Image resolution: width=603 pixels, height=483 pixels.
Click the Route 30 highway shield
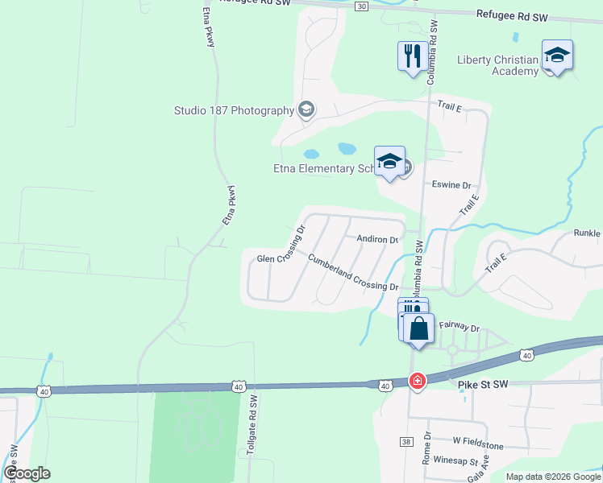click(361, 6)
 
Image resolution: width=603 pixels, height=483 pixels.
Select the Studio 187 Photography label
click(233, 110)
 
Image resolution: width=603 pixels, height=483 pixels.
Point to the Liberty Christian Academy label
click(497, 65)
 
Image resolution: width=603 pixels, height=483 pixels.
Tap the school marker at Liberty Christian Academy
click(557, 56)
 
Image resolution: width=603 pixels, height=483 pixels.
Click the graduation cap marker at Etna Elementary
click(389, 162)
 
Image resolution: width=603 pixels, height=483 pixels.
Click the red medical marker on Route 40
click(417, 381)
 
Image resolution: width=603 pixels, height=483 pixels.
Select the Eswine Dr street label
click(451, 185)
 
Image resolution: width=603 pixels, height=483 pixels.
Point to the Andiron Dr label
click(378, 240)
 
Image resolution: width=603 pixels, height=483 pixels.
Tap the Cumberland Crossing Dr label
click(353, 272)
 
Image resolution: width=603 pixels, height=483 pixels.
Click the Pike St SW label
click(484, 386)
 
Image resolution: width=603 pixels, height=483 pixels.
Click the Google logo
click(27, 473)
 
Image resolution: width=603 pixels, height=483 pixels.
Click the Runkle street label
click(587, 233)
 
